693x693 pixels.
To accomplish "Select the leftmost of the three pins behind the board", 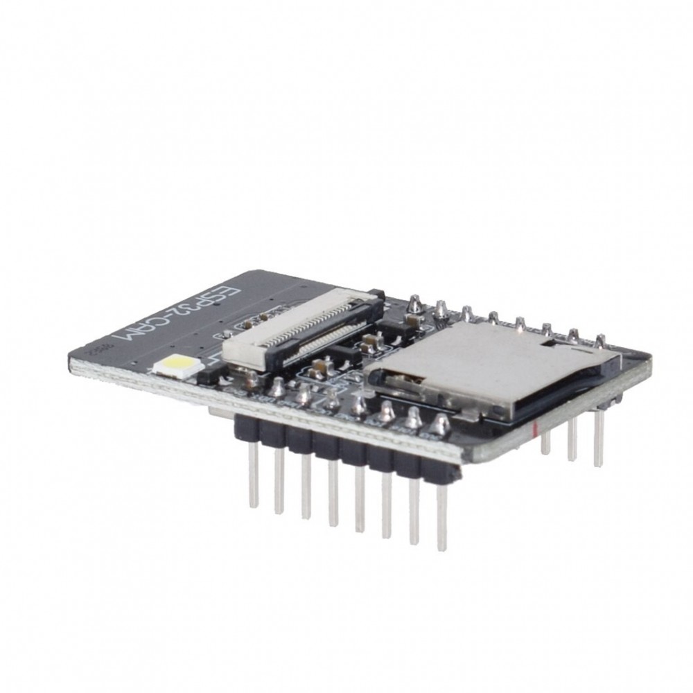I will [545, 442].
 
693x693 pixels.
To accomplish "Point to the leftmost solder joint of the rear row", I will [415, 302].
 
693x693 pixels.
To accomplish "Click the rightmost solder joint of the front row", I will [438, 423].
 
